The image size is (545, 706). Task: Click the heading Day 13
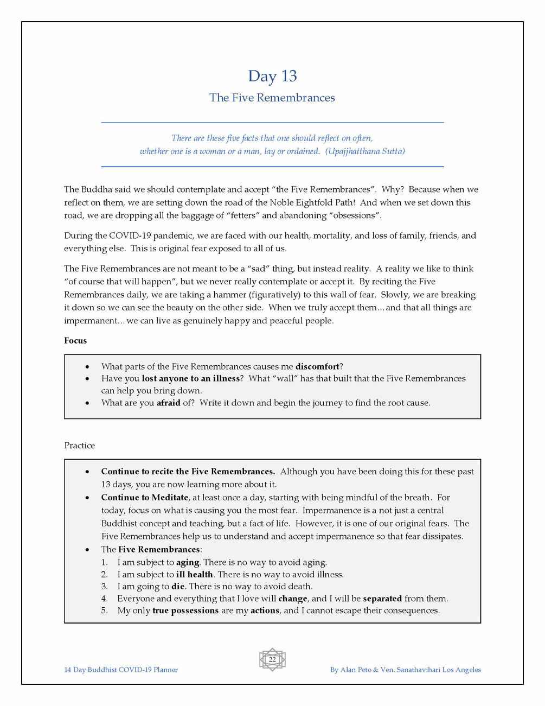pos(272,76)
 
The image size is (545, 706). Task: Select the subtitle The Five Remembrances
pos(272,98)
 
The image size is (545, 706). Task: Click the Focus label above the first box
pos(75,341)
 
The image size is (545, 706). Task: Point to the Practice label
pos(79,446)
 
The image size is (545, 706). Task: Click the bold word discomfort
pos(317,366)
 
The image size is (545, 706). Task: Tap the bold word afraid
pos(168,403)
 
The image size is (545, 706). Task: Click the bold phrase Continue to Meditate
pos(144,497)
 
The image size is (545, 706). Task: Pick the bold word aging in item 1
pos(188,562)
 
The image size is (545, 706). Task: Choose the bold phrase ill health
pos(194,574)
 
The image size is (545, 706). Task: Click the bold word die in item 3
pos(178,586)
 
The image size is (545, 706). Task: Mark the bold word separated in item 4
pos(382,599)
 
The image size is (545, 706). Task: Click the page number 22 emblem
pos(272,660)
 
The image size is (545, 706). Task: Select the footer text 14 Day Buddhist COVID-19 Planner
pos(121,670)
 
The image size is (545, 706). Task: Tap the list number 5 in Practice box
pos(104,610)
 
